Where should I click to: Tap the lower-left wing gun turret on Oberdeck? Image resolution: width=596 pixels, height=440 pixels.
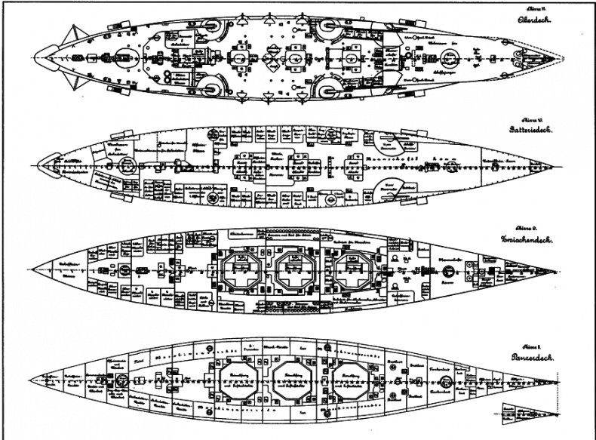tap(208, 88)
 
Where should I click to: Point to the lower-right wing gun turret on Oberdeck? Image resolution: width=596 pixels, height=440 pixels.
tap(330, 89)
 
